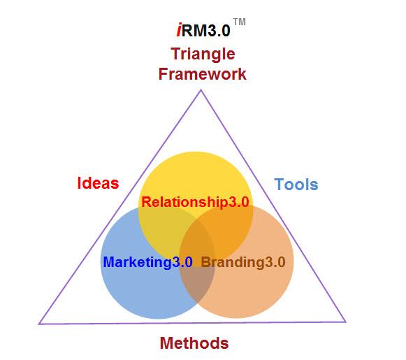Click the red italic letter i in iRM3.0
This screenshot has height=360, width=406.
pyautogui.click(x=179, y=30)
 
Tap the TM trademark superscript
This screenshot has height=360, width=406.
pyautogui.click(x=239, y=22)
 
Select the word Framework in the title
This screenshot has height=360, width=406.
pyautogui.click(x=202, y=74)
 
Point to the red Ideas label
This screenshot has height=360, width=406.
pyautogui.click(x=98, y=183)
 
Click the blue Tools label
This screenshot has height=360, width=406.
pyautogui.click(x=296, y=185)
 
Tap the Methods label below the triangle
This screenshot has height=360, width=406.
pyautogui.click(x=194, y=343)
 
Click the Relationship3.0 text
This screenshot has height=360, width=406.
pyautogui.click(x=195, y=202)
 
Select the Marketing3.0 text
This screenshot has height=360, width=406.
pyautogui.click(x=147, y=262)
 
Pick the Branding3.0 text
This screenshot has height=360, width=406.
pyautogui.click(x=243, y=262)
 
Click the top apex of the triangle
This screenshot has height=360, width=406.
pyautogui.click(x=201, y=90)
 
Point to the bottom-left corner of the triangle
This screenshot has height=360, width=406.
pyautogui.click(x=39, y=324)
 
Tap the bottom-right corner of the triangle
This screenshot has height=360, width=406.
pyautogui.click(x=345, y=322)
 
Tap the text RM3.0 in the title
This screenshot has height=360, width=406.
pyautogui.click(x=206, y=30)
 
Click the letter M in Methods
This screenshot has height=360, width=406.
pyautogui.click(x=167, y=343)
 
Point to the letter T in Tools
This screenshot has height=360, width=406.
pyautogui.click(x=279, y=185)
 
